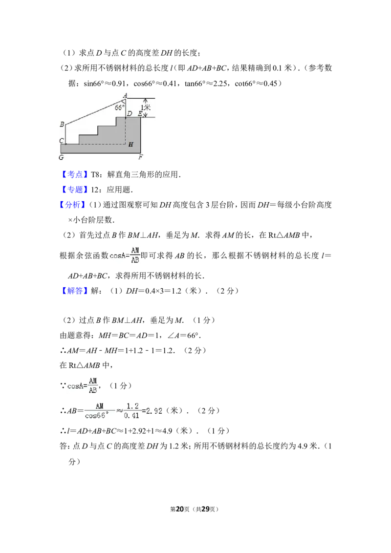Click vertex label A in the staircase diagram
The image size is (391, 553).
125,96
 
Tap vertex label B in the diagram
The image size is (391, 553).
62,124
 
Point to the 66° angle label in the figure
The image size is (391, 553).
119,107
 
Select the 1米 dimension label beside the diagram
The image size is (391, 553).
146,107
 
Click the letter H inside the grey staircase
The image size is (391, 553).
131,144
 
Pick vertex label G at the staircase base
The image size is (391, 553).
62,157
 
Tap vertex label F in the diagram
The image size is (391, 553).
140,157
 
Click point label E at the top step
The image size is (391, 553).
140,113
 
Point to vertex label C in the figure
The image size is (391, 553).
62,140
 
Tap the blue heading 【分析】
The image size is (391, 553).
72,205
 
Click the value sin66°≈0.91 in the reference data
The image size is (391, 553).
105,84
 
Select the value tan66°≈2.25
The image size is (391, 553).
206,84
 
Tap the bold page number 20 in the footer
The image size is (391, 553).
180,509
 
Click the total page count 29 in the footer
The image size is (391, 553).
205,509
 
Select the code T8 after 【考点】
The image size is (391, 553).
96,174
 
